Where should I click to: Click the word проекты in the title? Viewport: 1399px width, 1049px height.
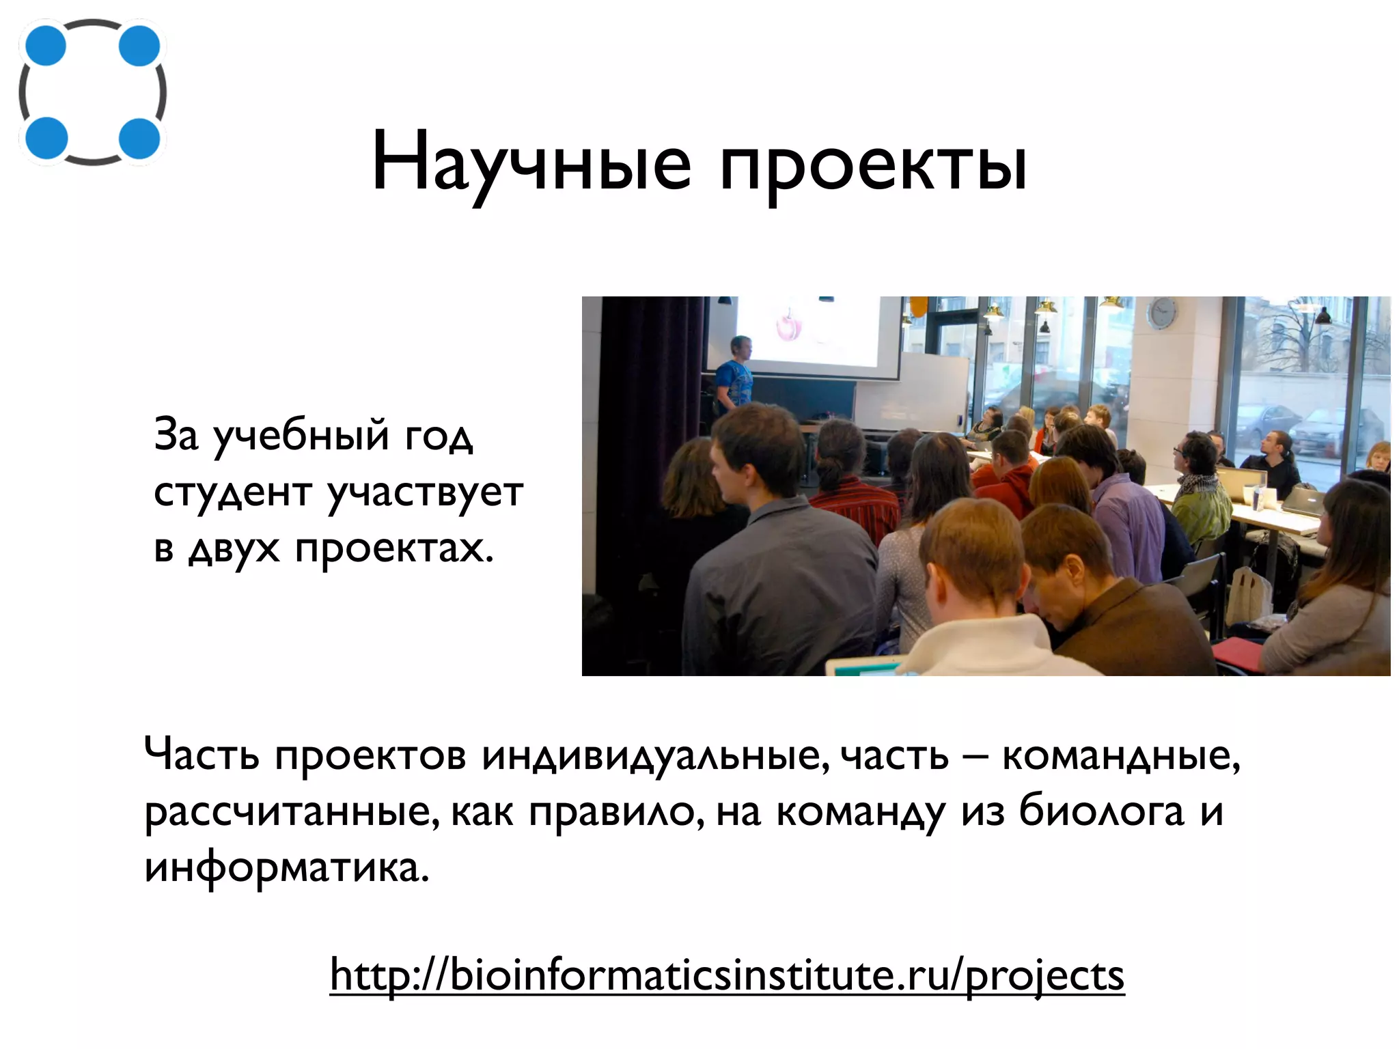(x=873, y=167)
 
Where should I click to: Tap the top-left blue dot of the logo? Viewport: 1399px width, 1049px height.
(x=45, y=46)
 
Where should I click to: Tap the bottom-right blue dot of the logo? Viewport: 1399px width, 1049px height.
(x=139, y=138)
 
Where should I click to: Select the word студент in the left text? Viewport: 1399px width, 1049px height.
(x=233, y=492)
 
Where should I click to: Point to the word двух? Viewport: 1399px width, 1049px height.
(x=234, y=548)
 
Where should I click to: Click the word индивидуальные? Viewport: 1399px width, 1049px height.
(x=654, y=755)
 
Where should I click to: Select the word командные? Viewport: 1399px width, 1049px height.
(x=1120, y=755)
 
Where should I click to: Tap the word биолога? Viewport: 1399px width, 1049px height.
(x=1101, y=811)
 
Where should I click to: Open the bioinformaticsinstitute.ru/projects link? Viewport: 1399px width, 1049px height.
(x=727, y=975)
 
